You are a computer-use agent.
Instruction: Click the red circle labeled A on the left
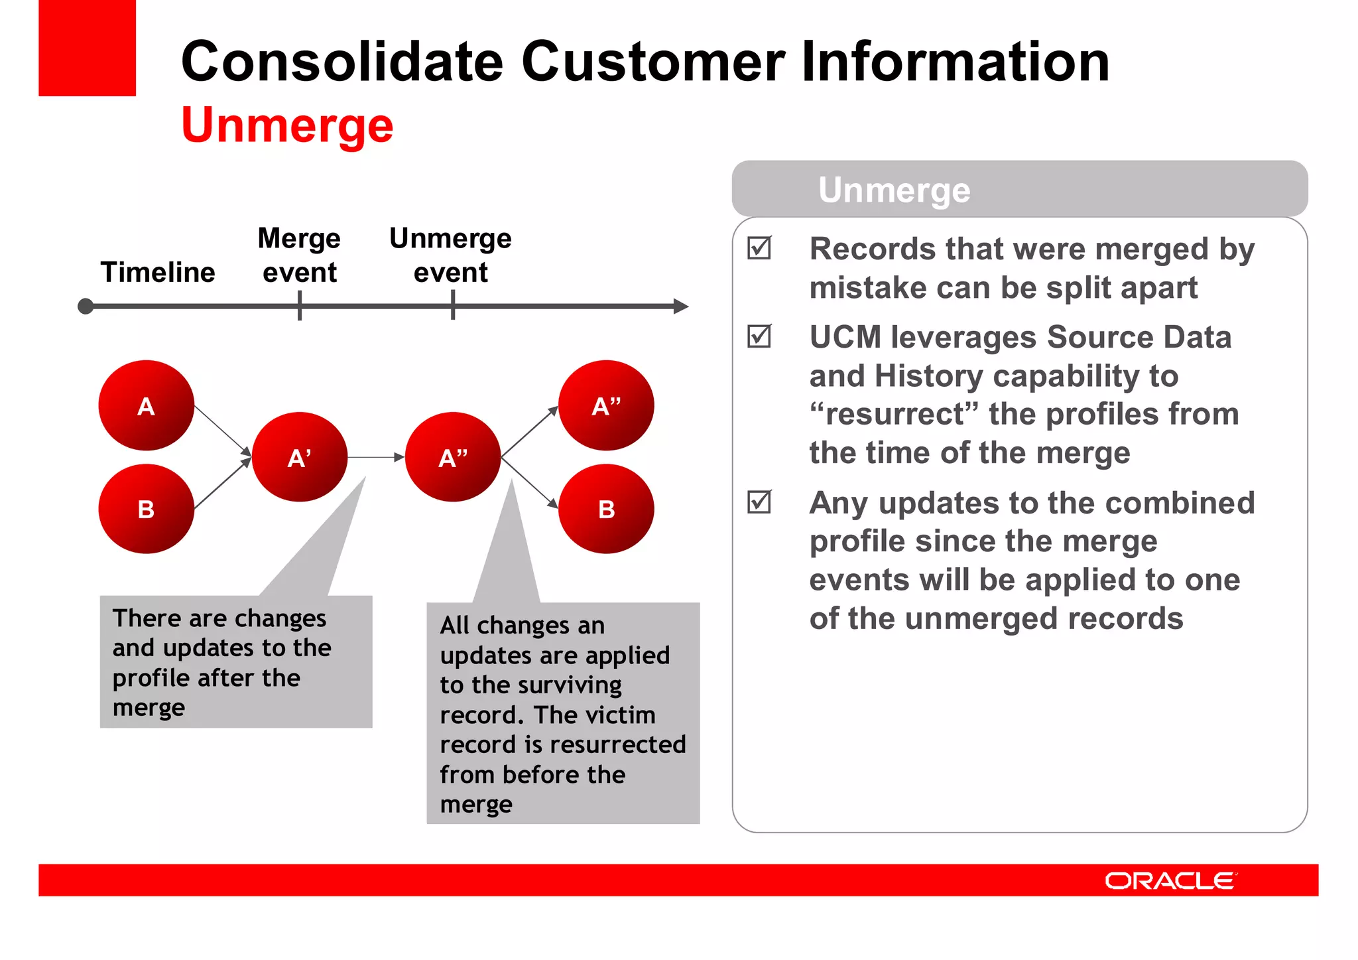146,405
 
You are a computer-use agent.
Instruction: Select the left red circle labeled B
146,509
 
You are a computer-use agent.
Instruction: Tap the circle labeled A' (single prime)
299,457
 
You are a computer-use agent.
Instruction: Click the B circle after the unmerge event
605,509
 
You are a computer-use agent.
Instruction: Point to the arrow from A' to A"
375,457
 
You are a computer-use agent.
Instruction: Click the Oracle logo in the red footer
1170,880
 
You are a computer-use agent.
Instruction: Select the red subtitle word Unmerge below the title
287,125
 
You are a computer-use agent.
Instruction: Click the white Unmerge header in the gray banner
894,190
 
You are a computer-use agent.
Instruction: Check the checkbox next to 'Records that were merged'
759,248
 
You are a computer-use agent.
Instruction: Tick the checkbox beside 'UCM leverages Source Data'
759,336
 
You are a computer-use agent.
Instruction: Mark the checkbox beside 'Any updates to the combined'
759,502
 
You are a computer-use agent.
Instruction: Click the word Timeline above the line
158,272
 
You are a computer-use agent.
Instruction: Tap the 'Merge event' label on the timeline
299,255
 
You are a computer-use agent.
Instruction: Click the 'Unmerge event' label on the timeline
450,255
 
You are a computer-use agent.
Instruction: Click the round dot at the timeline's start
86,307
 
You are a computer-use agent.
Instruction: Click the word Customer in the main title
653,62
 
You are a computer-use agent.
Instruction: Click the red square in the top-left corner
87,48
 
